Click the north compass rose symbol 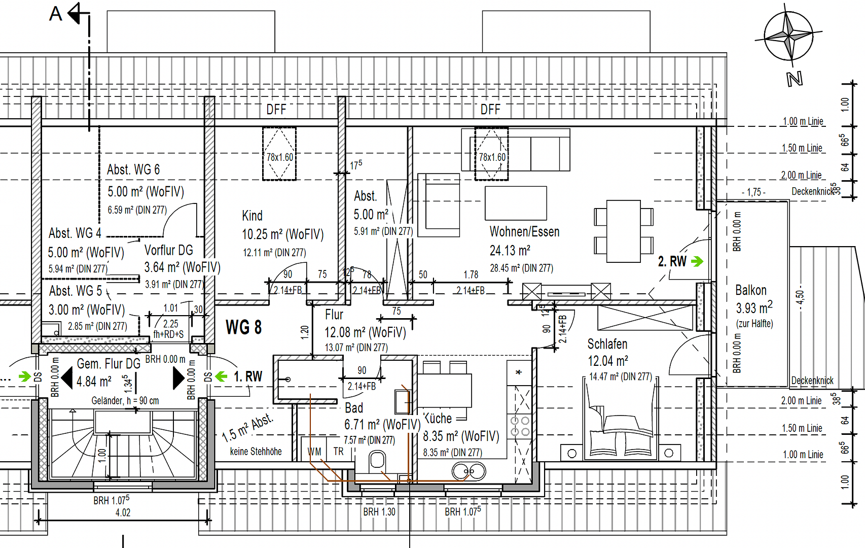789,37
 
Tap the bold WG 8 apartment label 244,327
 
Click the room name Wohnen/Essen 524,231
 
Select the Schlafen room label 607,344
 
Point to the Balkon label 751,290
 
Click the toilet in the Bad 377,461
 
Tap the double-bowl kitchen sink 469,471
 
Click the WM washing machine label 314,452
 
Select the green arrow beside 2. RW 697,262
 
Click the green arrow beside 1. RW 221,376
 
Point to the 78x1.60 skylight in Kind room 279,154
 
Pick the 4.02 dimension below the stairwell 123,512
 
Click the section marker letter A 56,14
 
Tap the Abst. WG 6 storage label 133,169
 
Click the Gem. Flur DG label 109,364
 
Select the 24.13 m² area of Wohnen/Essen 510,251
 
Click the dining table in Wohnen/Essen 624,231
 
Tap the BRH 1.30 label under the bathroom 379,511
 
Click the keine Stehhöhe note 256,451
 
